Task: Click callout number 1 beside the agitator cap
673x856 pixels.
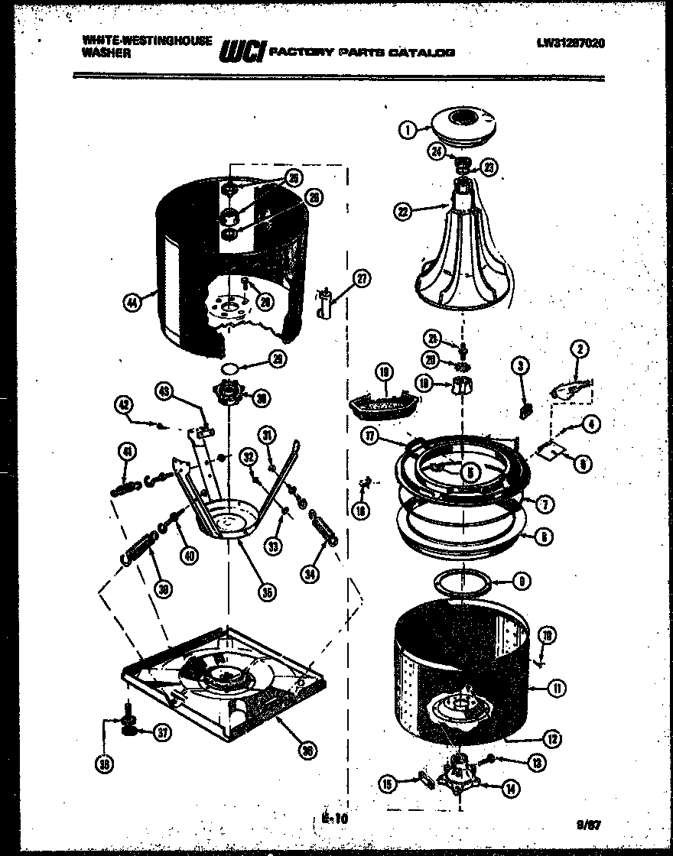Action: pos(407,130)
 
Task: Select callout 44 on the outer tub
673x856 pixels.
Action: pos(133,303)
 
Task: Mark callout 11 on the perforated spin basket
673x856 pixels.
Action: pos(557,688)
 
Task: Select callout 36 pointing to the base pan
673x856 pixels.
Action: pos(307,751)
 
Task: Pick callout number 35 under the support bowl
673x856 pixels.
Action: pos(266,591)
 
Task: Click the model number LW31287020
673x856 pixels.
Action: pos(571,44)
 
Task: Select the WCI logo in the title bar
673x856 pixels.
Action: pos(242,51)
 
